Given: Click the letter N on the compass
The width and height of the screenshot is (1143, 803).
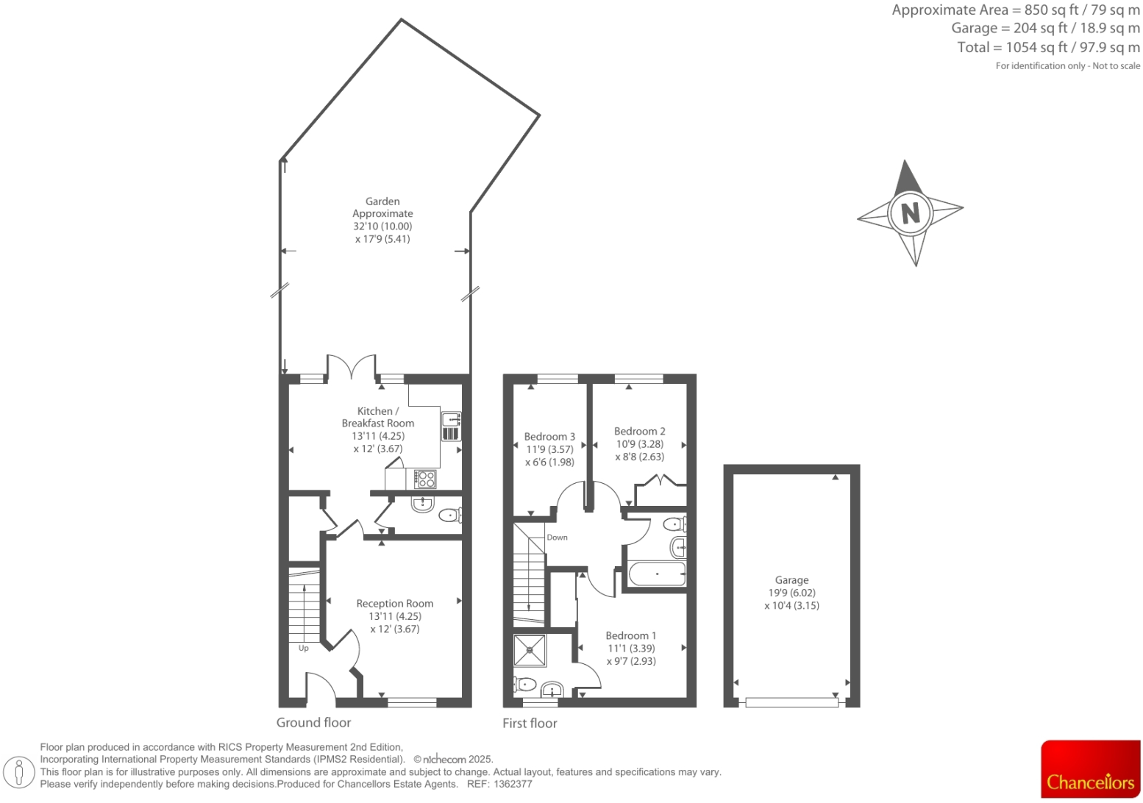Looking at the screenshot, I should [911, 213].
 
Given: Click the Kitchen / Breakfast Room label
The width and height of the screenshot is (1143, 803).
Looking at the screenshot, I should [377, 417].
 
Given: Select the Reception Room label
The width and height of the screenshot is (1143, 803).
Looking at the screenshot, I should [394, 604].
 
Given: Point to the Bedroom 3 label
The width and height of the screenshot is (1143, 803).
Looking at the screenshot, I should [549, 437].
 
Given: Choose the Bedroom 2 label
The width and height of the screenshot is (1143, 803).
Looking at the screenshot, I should [639, 432].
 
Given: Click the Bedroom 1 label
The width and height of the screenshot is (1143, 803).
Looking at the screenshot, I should [630, 636].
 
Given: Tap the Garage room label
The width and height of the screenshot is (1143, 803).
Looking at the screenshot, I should [791, 580].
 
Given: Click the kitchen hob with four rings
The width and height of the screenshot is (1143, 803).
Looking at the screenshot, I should [425, 479].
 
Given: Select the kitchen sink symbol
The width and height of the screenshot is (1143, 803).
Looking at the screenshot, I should [450, 426].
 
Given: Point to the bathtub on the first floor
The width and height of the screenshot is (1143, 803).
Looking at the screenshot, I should [657, 574].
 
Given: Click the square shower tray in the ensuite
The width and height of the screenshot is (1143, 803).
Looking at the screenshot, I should [530, 650].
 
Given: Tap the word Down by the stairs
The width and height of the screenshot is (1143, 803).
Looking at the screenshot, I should [557, 538].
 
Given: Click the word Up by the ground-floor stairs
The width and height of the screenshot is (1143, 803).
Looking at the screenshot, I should [303, 649].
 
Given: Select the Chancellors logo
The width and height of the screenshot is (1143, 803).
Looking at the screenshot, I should [1090, 769].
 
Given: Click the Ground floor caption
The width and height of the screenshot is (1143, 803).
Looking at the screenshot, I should [313, 723].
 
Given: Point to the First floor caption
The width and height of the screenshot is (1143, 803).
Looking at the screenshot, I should [530, 724].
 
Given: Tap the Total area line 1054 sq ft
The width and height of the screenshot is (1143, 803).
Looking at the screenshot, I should [1048, 47].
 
